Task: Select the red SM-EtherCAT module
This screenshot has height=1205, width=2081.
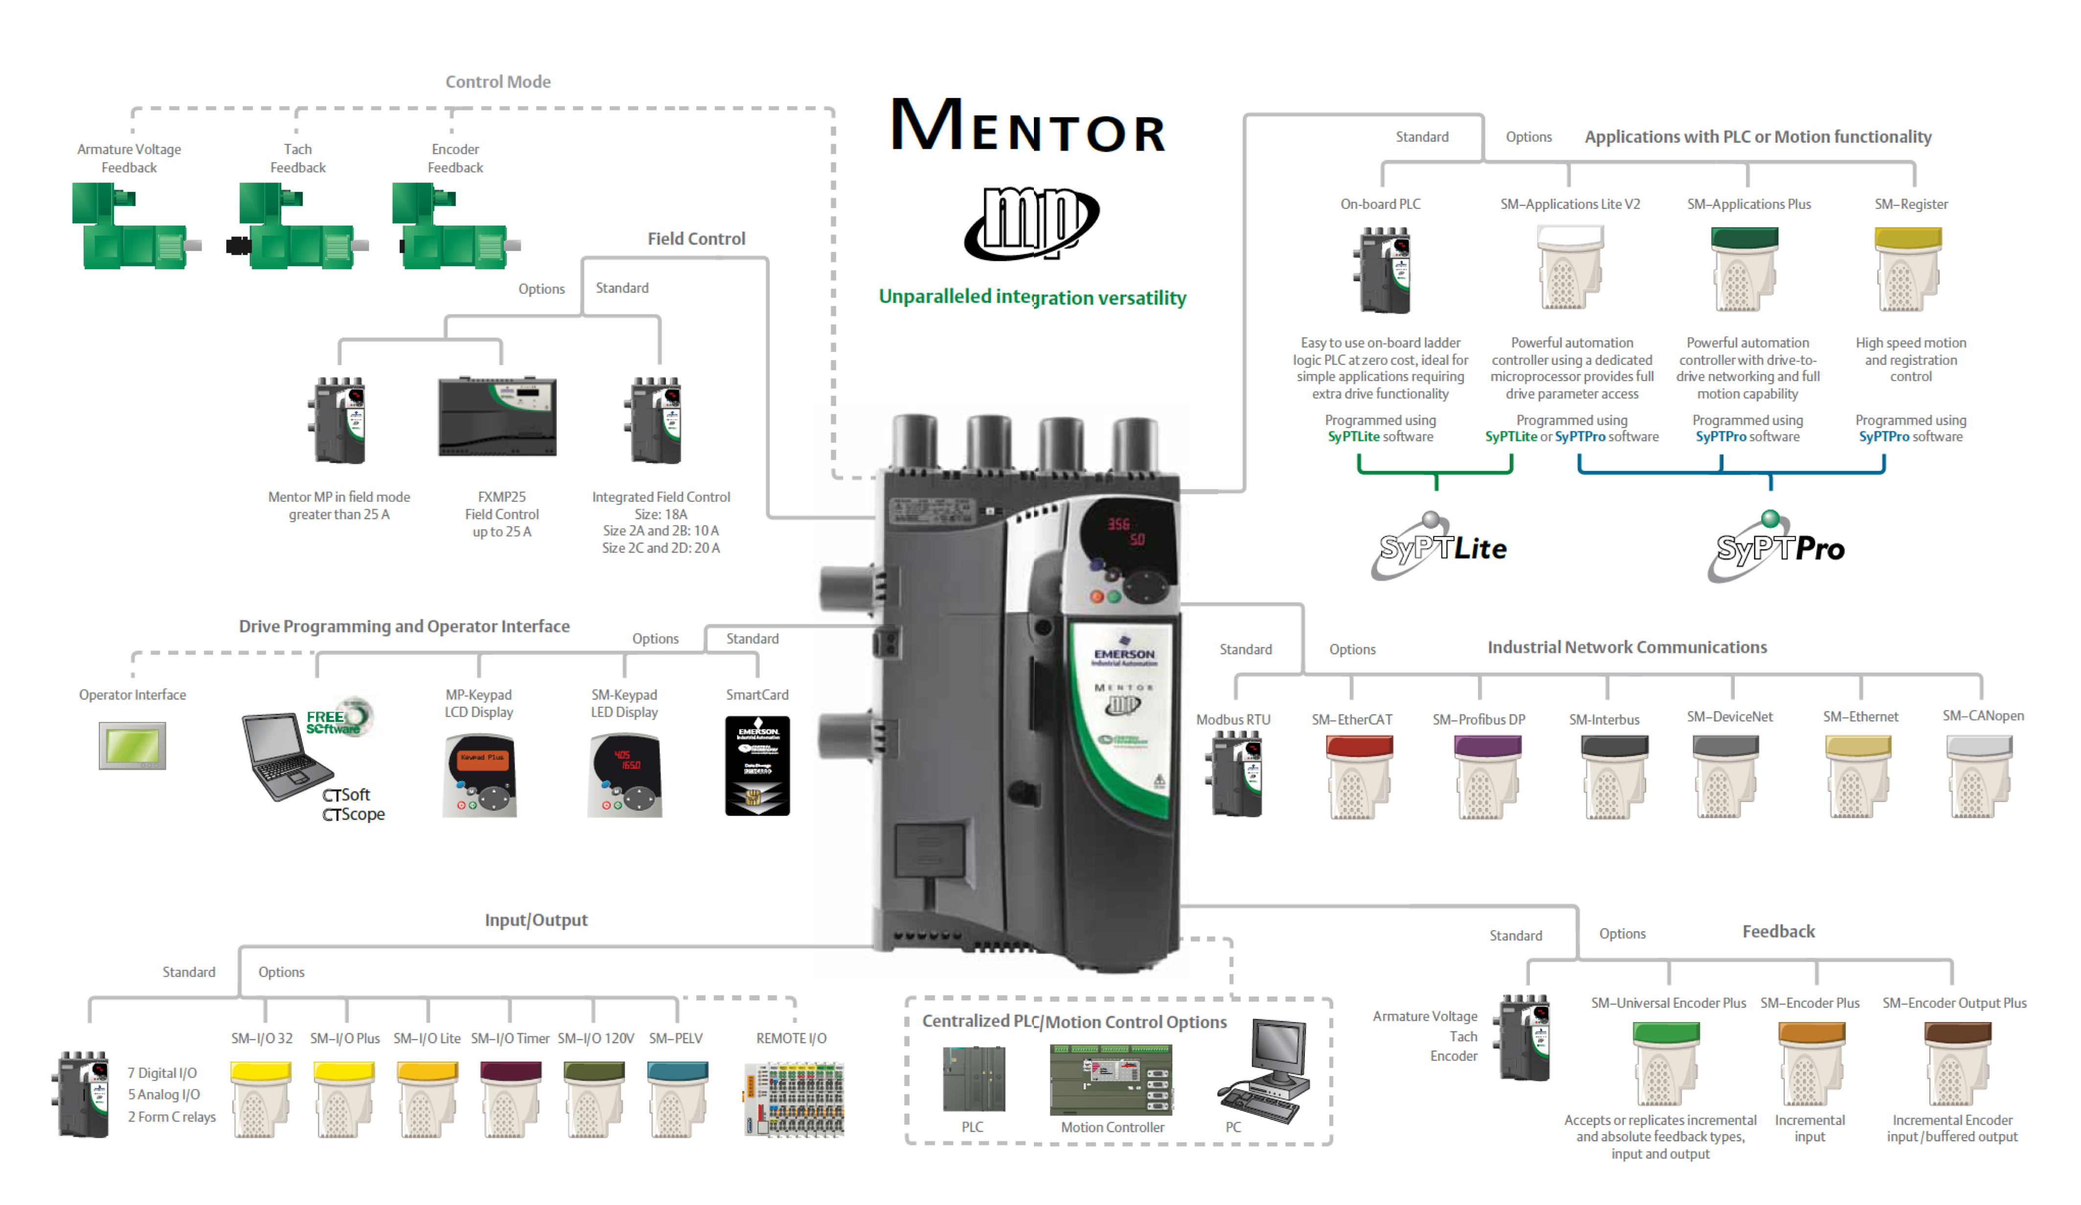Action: pyautogui.click(x=1358, y=776)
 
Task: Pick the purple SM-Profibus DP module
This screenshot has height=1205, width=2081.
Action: pyautogui.click(x=1486, y=776)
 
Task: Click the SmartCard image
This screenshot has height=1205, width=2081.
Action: pyautogui.click(x=757, y=765)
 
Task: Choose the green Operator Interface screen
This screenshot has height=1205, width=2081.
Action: pyautogui.click(x=132, y=746)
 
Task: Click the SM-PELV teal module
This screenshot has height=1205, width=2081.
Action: pyautogui.click(x=677, y=1098)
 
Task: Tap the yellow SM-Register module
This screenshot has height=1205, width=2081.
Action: pyautogui.click(x=1908, y=268)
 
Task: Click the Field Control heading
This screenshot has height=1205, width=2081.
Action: pyautogui.click(x=696, y=239)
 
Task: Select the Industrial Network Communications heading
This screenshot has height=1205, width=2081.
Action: pyautogui.click(x=1627, y=648)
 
